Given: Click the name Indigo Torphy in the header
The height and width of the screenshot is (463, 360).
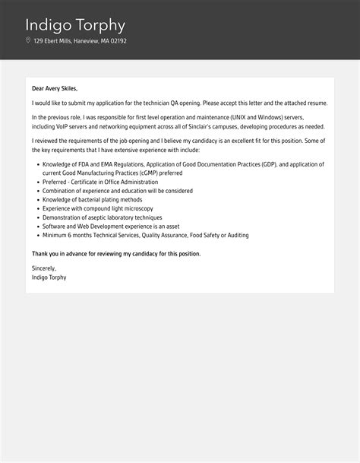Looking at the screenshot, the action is coord(75,25).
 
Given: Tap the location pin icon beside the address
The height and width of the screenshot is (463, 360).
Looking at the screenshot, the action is coord(28,41).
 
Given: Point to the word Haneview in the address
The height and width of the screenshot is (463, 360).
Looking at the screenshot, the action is coord(86,41).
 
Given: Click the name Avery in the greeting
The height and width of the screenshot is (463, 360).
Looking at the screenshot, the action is coord(55,88).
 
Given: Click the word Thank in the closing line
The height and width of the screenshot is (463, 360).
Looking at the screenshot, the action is coord(40,253).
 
